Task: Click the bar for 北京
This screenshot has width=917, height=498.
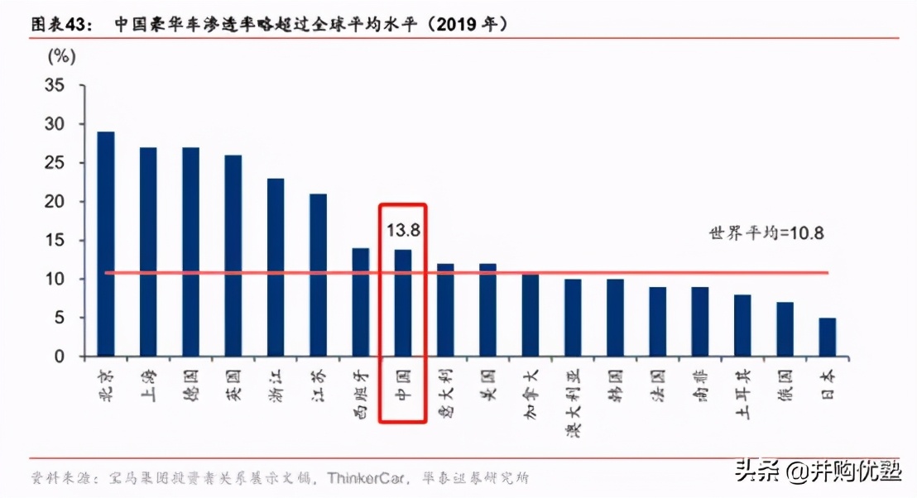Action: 106,244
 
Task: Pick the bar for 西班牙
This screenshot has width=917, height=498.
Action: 361,302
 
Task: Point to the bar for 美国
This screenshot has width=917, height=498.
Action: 487,310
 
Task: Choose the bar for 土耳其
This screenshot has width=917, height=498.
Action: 742,325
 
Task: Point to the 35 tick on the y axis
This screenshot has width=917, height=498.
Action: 55,85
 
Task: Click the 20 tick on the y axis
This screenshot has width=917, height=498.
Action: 55,202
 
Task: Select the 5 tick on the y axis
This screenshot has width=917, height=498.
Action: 59,318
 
